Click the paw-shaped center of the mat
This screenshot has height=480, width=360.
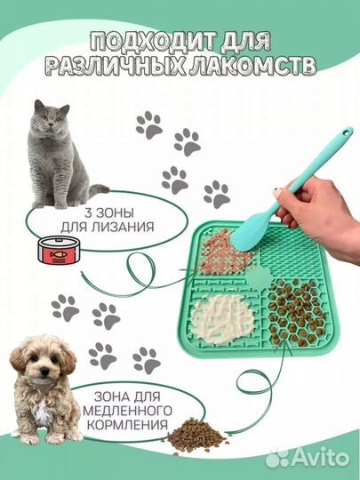[x=261, y=285]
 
